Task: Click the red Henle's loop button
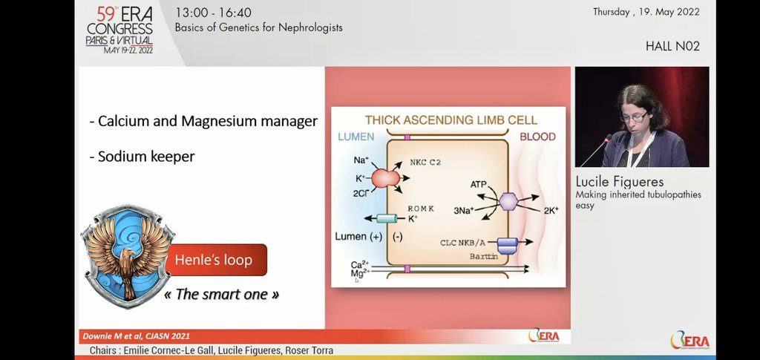pyautogui.click(x=214, y=260)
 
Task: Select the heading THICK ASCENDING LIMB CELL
pyautogui.click(x=451, y=120)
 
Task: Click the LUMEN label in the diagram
pyautogui.click(x=356, y=137)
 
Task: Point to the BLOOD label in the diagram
pyautogui.click(x=537, y=137)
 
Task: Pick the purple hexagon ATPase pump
pyautogui.click(x=508, y=202)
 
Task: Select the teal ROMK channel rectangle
pyautogui.click(x=387, y=218)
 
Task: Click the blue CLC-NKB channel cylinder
pyautogui.click(x=507, y=244)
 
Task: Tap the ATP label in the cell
pyautogui.click(x=480, y=183)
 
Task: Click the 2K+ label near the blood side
pyautogui.click(x=551, y=211)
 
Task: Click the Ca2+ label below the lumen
pyautogui.click(x=358, y=264)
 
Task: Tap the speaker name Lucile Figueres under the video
pyautogui.click(x=620, y=182)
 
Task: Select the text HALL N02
pyautogui.click(x=672, y=46)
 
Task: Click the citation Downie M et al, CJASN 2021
pyautogui.click(x=135, y=336)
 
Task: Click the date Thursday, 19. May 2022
pyautogui.click(x=646, y=12)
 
